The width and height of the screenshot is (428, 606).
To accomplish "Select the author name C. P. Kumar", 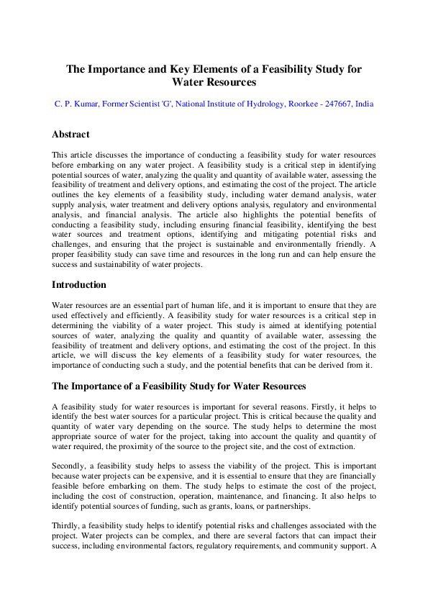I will coord(76,104).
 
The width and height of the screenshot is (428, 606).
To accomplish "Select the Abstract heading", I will coord(70,135).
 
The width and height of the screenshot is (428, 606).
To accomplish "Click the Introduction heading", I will coord(79,285).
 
